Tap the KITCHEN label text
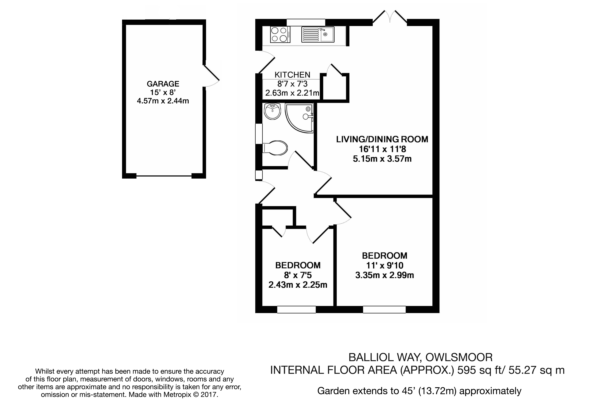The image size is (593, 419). (292, 75)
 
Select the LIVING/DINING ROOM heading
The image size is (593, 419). (382, 139)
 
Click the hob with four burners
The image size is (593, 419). (280, 35)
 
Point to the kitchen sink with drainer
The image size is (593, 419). (318, 35)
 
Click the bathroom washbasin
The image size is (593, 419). (272, 111)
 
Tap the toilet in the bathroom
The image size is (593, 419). (275, 148)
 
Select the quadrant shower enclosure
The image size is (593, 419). (299, 118)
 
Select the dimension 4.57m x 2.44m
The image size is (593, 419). (163, 101)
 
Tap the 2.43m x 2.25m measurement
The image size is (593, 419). (298, 285)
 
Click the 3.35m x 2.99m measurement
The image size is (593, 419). (385, 275)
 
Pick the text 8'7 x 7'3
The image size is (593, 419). (292, 84)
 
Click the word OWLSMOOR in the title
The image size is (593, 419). (459, 357)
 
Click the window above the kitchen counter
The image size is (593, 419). (306, 22)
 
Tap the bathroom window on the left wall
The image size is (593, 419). (259, 134)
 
